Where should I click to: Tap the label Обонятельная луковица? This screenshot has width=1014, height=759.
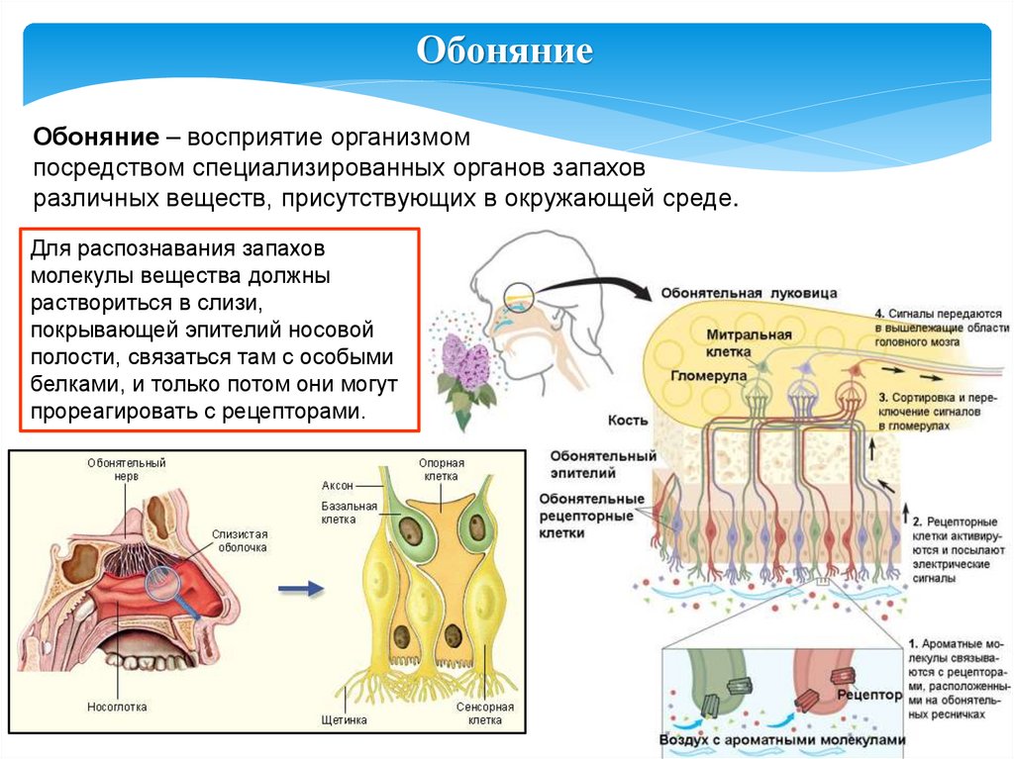751,294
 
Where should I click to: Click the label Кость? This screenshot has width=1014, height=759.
630,421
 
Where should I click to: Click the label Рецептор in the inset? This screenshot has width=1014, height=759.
872,696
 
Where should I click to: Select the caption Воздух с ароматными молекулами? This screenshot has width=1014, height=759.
782,739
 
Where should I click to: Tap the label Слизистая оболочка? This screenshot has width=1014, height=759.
240,539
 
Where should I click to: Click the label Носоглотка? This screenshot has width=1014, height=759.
123,709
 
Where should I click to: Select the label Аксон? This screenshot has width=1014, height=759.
338,486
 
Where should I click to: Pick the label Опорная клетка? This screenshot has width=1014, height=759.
442,468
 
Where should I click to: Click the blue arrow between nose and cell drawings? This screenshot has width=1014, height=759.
300,589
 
